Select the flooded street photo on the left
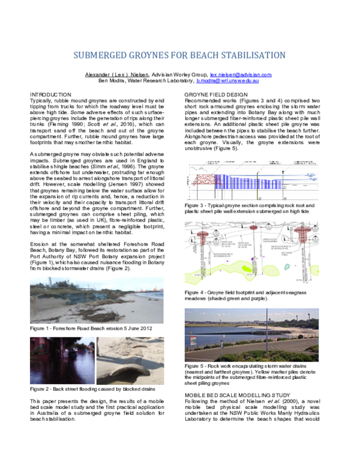pos(61,360)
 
